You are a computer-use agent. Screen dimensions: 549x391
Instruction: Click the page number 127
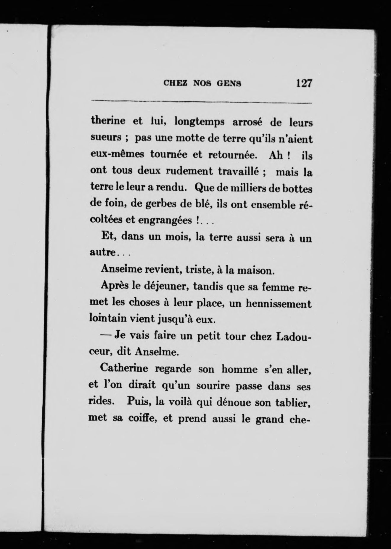304,83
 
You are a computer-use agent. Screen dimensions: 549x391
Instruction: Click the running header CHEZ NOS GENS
202,84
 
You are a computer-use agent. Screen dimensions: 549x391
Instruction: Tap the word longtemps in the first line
199,122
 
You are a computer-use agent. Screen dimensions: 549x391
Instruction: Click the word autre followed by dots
102,254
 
